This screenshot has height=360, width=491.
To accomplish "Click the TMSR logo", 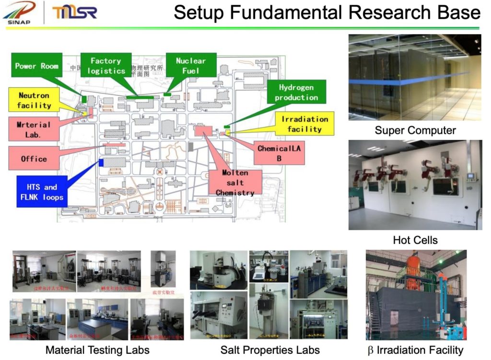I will (74, 13).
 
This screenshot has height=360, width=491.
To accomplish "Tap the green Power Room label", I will (37, 66).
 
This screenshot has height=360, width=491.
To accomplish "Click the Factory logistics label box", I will (106, 66).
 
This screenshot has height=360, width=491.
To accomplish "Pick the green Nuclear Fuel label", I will (190, 66).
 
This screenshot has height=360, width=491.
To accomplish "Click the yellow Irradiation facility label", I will (304, 124).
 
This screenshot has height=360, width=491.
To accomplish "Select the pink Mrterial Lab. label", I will (34, 130).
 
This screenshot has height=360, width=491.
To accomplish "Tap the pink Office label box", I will (34, 159).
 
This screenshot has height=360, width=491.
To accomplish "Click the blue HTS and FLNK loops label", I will (40, 192).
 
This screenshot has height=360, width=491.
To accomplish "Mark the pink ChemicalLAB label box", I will (279, 153).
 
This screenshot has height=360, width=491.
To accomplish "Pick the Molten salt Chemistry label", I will (235, 182).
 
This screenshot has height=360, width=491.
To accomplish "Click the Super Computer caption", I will (415, 130).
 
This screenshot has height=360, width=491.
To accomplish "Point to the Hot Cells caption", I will (415, 240).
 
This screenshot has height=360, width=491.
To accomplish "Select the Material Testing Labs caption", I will (97, 350).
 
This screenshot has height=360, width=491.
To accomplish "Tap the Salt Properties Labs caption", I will (270, 350).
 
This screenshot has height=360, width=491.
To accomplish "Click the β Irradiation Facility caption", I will (415, 350).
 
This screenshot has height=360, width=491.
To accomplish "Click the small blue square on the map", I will (101, 163).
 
